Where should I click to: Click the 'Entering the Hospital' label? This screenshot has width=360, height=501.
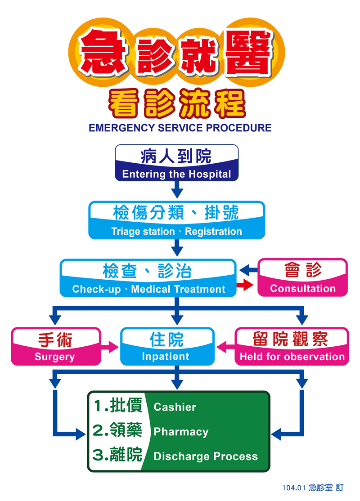[176, 174]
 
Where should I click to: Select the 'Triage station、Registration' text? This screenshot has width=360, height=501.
[177, 232]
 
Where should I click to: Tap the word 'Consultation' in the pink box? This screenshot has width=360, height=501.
[303, 289]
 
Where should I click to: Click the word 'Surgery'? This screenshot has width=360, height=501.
[54, 357]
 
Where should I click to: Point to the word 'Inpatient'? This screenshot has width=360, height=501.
[166, 357]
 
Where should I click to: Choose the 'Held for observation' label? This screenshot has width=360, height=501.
[292, 357]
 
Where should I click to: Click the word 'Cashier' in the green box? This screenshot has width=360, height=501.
[175, 407]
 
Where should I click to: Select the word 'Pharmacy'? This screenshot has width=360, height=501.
[181, 432]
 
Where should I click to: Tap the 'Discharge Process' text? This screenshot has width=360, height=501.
[206, 456]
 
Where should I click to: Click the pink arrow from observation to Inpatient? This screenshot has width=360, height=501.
[225, 347]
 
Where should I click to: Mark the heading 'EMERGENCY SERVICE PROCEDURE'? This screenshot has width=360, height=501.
[180, 128]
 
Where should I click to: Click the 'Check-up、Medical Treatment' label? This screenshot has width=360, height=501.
[149, 289]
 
